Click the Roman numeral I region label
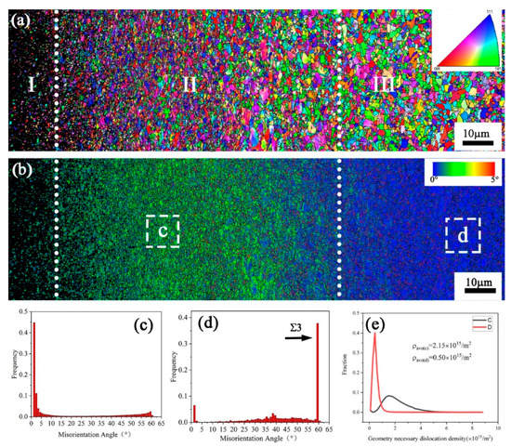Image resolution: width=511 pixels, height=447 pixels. (x=32, y=85)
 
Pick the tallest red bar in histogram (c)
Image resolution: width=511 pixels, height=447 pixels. (x=33, y=372)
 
